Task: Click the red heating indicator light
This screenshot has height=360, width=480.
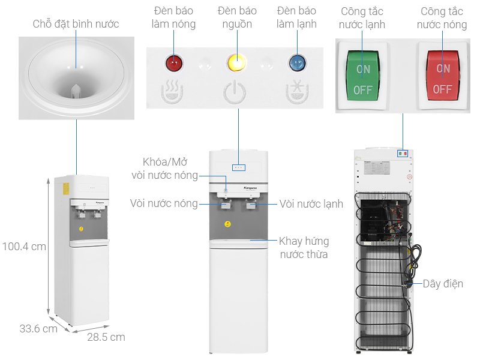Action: [x=174, y=62]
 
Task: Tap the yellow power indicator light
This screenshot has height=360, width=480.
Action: [x=235, y=62]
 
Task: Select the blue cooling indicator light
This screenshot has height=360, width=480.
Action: [x=296, y=62]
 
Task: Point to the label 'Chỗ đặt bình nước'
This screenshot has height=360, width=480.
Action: [x=76, y=24]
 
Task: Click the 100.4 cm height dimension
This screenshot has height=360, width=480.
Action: [x=23, y=246]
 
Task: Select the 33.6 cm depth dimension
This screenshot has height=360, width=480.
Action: [x=38, y=329]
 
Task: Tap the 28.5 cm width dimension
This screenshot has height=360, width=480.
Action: [x=106, y=337]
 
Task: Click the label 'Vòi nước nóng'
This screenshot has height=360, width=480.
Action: [x=163, y=204]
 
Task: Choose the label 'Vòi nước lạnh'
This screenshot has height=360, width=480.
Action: [x=311, y=204]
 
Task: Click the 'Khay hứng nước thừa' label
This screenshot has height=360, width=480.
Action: [x=304, y=248]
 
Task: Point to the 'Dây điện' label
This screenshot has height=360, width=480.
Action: [x=443, y=284]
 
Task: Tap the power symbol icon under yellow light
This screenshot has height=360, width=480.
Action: [x=235, y=93]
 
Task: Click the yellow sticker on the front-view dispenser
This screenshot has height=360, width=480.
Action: [x=227, y=224]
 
